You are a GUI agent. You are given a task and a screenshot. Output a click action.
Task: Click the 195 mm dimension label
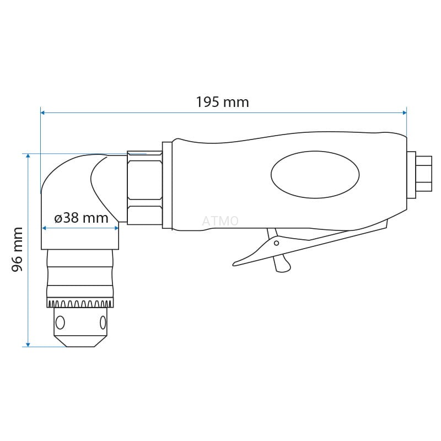point(222,102)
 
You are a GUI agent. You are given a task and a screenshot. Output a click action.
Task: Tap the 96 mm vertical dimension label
point(17,250)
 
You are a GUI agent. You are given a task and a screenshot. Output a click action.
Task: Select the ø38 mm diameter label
point(81,218)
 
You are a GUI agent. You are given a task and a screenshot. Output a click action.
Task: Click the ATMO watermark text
point(220,221)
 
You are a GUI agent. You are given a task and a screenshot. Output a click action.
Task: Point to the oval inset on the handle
point(315,175)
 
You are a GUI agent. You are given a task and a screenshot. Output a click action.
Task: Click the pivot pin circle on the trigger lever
point(277,243)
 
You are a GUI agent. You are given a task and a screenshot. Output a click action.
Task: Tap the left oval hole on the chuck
point(60,322)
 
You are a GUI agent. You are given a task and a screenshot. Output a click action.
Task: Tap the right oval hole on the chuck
point(103,322)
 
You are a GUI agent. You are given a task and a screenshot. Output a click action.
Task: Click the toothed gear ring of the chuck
point(80,304)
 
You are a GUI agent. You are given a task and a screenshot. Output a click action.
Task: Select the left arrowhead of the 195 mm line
point(43,113)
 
